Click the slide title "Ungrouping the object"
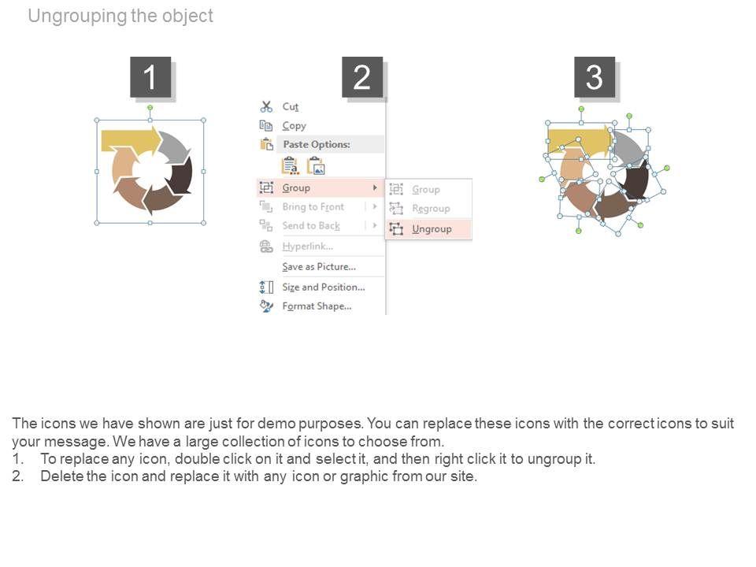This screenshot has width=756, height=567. (120, 16)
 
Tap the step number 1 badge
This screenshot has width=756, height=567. (150, 77)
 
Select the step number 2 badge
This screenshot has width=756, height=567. (362, 77)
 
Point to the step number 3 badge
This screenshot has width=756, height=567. (595, 77)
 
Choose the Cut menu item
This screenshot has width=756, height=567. (291, 106)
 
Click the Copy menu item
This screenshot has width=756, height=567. (294, 126)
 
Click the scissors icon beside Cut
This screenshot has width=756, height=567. (266, 106)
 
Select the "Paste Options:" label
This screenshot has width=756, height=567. (317, 144)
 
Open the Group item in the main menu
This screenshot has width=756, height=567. (296, 187)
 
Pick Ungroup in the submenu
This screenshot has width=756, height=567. (432, 228)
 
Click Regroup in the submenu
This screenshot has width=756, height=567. (431, 208)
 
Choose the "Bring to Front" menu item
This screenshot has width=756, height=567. (313, 207)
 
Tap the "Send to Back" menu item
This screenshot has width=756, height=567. (311, 226)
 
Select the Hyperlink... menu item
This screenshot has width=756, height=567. (308, 246)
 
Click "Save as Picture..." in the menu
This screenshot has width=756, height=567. (319, 267)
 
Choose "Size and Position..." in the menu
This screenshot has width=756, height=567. (324, 287)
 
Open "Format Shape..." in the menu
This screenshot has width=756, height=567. (317, 306)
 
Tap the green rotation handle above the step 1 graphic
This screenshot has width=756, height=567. (150, 108)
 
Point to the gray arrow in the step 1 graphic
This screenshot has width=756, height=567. (176, 146)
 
